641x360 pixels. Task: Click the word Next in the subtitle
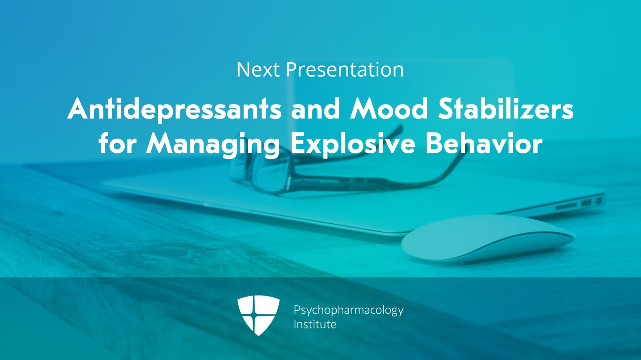point(258,70)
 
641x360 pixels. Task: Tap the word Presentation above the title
point(345,70)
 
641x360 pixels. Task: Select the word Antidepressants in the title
point(175,109)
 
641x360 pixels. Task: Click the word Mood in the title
point(389,109)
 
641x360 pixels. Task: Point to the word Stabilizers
point(506,109)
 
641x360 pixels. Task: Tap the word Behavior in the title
point(484,143)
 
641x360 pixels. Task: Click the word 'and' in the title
point(316,109)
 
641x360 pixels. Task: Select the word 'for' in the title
point(118,143)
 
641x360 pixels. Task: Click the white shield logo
point(258,315)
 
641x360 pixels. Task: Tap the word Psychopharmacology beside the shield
point(349,310)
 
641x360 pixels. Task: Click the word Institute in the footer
point(315,324)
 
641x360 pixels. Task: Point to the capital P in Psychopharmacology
point(297,310)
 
